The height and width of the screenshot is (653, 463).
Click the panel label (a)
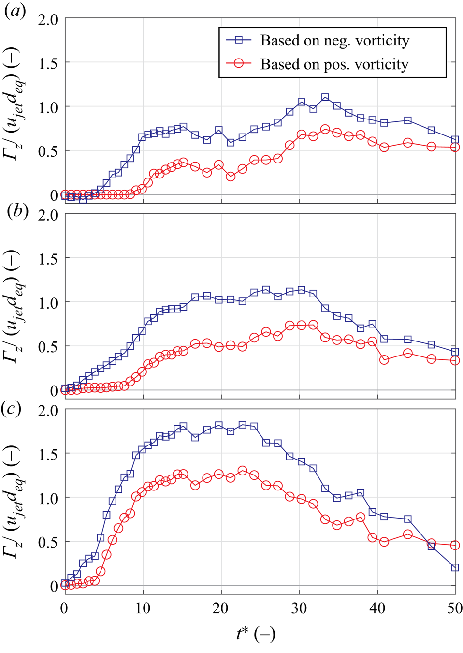tap(14, 11)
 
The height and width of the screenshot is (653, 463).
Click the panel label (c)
tap(12, 408)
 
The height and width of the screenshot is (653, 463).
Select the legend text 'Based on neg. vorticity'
tap(334, 41)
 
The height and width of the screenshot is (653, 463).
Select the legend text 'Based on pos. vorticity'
tap(334, 64)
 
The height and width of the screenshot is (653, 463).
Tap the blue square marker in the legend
tap(239, 40)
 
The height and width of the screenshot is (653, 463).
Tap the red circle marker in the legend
tap(239, 63)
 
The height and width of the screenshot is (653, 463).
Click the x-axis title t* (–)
tap(256, 633)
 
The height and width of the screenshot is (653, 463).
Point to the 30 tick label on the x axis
tap(299, 608)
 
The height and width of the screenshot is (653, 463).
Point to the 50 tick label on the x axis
tap(455, 608)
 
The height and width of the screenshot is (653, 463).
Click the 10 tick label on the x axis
tap(143, 608)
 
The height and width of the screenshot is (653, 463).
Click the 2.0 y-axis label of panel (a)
tap(48, 20)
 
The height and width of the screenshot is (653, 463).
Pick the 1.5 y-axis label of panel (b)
tap(48, 259)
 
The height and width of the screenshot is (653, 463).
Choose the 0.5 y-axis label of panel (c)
tap(48, 542)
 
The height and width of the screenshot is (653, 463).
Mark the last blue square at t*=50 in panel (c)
tap(455, 567)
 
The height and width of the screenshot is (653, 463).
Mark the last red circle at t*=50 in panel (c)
tap(455, 545)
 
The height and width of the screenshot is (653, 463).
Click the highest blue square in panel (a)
tap(325, 98)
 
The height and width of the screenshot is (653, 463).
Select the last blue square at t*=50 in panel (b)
tap(455, 352)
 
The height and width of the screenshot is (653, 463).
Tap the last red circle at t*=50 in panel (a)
tap(455, 147)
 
